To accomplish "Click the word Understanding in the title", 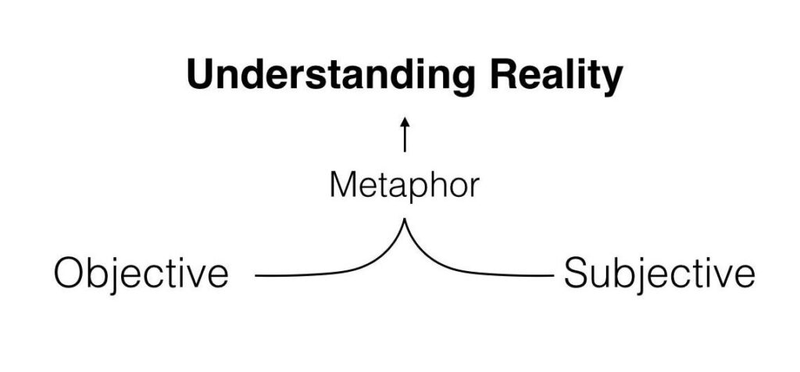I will pyautogui.click(x=330, y=77).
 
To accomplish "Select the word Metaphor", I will pyautogui.click(x=403, y=187).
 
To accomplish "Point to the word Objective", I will pyautogui.click(x=141, y=274).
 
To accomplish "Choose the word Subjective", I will pyautogui.click(x=659, y=274).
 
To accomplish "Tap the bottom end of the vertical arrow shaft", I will pyautogui.click(x=405, y=151).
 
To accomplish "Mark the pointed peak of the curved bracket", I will pyautogui.click(x=405, y=221).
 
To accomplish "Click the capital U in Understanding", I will pyautogui.click(x=202, y=77).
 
